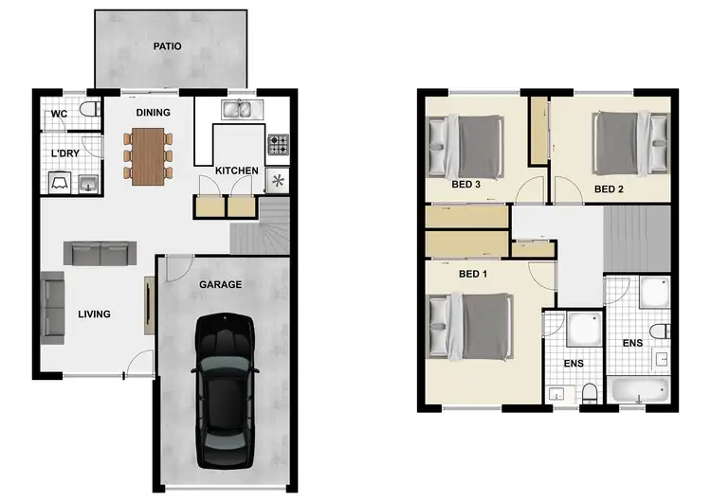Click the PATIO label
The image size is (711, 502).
pyautogui.click(x=168, y=45)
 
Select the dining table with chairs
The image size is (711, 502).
pyautogui.click(x=148, y=155)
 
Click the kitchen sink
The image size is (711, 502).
pyautogui.click(x=239, y=111)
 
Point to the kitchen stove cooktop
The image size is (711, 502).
pyautogui.click(x=278, y=145)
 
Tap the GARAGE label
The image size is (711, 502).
pyautogui.click(x=220, y=284)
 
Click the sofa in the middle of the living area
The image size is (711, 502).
pyautogui.click(x=100, y=253)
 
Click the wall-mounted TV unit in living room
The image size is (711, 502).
pyautogui.click(x=148, y=304)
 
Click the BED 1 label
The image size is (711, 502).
pyautogui.click(x=472, y=274)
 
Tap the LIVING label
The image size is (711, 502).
pyautogui.click(x=95, y=314)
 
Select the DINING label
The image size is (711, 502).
pyautogui.click(x=153, y=113)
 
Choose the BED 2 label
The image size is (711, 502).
pyautogui.click(x=609, y=189)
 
